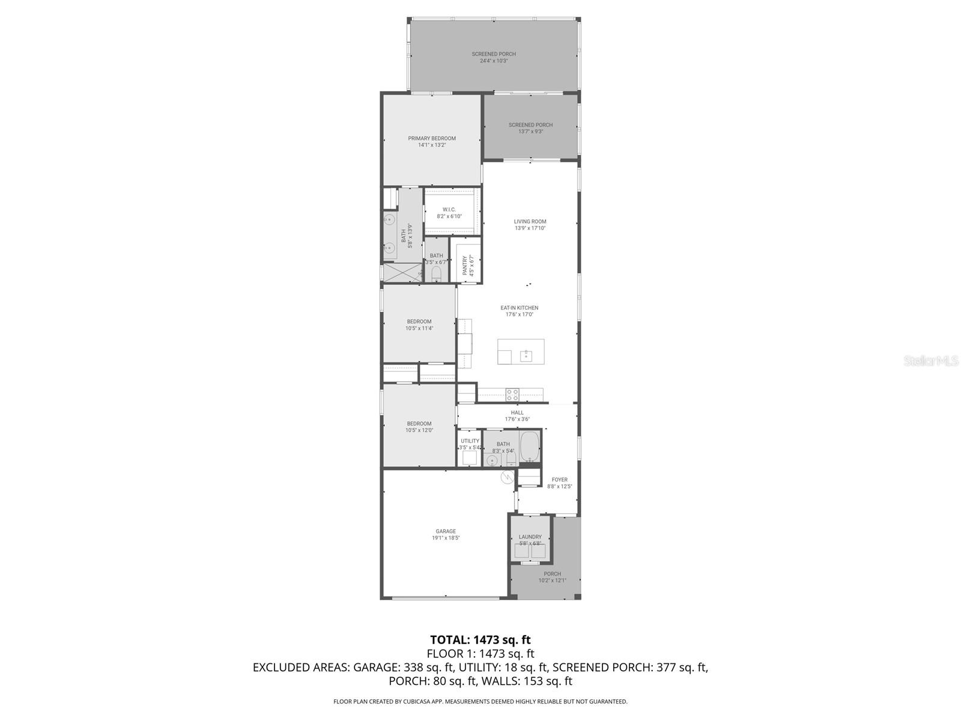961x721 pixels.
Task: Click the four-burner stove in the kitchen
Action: [512, 395]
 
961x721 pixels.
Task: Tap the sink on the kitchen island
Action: [526, 355]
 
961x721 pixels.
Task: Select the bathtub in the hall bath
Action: [529, 446]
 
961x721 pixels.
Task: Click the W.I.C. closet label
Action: [449, 210]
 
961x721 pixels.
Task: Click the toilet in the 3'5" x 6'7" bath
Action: [437, 275]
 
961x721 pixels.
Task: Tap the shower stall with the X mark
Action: [403, 272]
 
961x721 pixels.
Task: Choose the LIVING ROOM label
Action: [530, 221]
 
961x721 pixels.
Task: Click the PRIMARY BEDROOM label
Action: [432, 138]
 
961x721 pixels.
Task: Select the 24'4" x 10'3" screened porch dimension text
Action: [494, 61]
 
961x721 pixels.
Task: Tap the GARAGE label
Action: [446, 531]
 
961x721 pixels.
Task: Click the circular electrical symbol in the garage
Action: [508, 477]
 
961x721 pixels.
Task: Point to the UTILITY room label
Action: [470, 441]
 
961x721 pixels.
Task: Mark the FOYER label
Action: [559, 479]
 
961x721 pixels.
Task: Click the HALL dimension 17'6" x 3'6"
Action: [517, 419]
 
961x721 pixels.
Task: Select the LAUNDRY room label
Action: [530, 537]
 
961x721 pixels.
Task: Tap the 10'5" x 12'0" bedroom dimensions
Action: [419, 430]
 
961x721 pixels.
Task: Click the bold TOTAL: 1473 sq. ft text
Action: [480, 639]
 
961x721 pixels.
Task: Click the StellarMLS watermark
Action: [931, 361]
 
